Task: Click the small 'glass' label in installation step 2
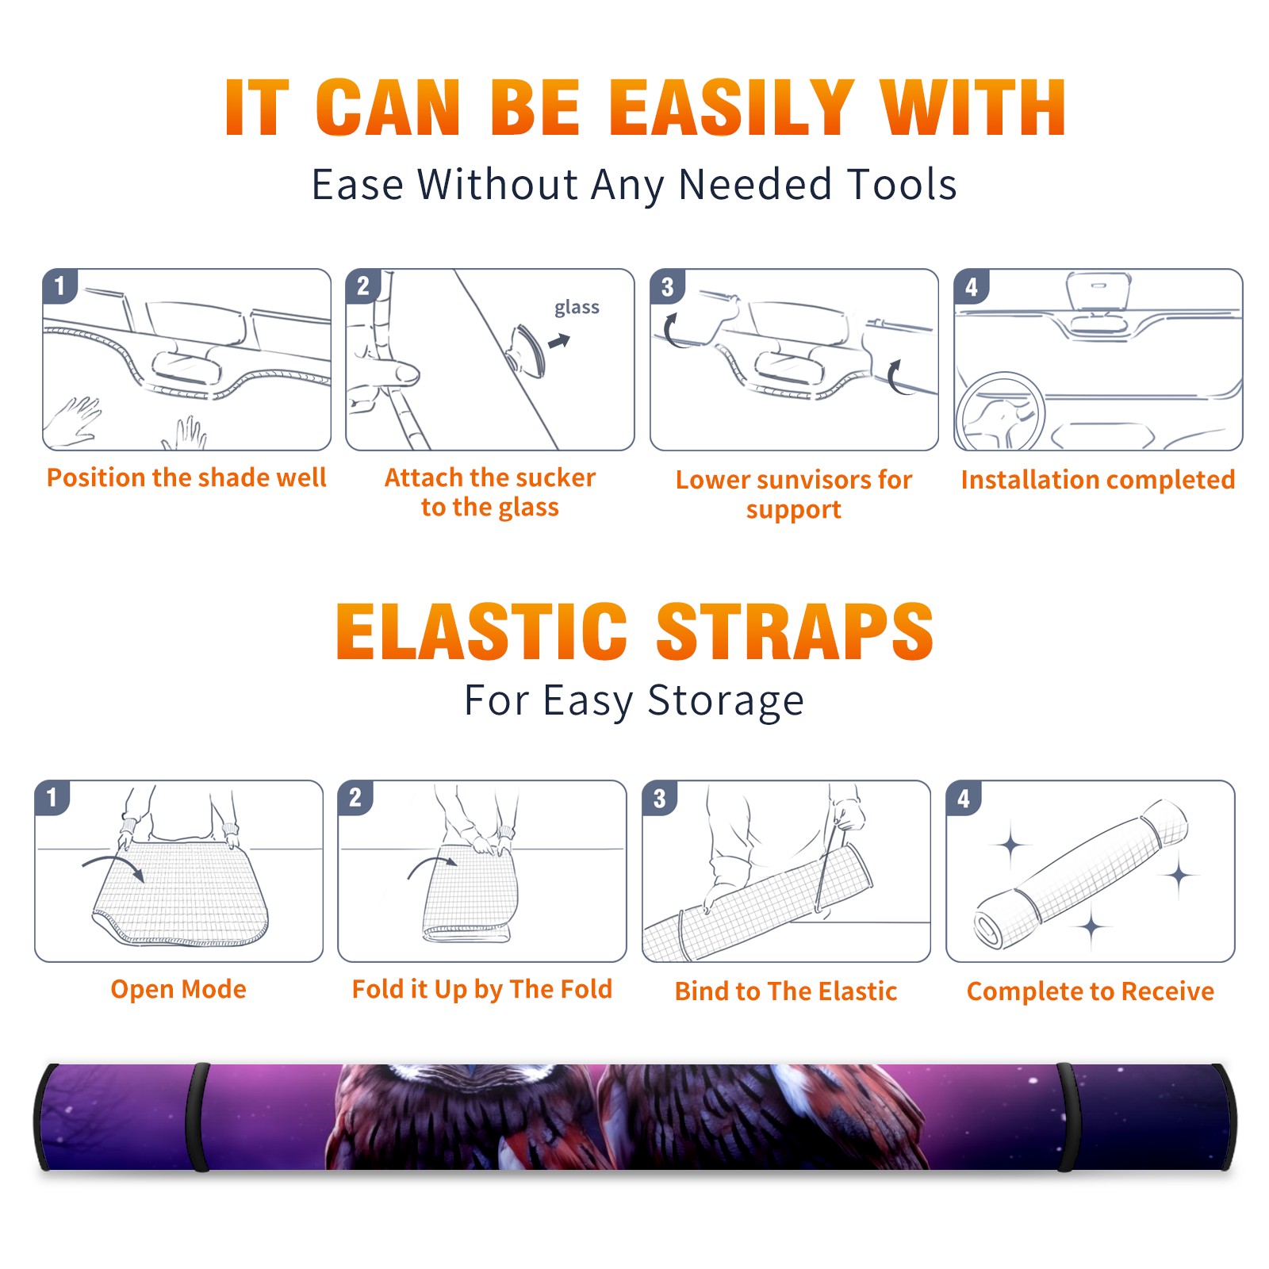click(x=577, y=307)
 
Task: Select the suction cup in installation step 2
click(x=528, y=351)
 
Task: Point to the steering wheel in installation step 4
click(x=999, y=412)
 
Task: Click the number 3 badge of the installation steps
click(x=667, y=286)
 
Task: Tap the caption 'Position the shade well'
click(x=186, y=477)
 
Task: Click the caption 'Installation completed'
click(x=1098, y=479)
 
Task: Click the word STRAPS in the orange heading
click(x=795, y=631)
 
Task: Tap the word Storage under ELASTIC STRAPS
click(x=726, y=701)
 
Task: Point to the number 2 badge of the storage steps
click(x=355, y=797)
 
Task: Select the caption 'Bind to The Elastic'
click(x=785, y=991)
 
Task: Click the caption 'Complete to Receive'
click(x=1090, y=991)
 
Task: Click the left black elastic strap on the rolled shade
click(x=197, y=1117)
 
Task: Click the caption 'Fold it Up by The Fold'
click(x=482, y=989)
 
